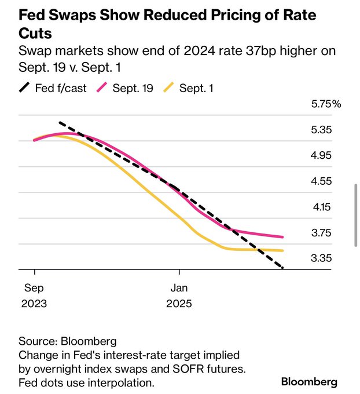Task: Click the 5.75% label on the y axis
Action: [x=326, y=104]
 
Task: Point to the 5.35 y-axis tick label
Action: [x=321, y=130]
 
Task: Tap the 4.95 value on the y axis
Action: [x=321, y=156]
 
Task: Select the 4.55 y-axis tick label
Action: [x=321, y=181]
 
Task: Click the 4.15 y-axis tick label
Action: [x=321, y=207]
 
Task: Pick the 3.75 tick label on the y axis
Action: [x=321, y=233]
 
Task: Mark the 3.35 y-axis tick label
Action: [x=321, y=258]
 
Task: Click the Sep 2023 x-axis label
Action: [x=35, y=295]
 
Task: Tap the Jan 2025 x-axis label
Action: [x=179, y=295]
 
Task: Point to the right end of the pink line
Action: [x=282, y=237]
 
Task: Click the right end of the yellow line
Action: [x=282, y=250]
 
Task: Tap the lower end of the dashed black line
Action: [x=282, y=268]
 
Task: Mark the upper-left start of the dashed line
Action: [x=60, y=123]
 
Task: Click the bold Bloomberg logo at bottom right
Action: [x=309, y=382]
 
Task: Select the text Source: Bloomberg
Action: [x=68, y=341]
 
